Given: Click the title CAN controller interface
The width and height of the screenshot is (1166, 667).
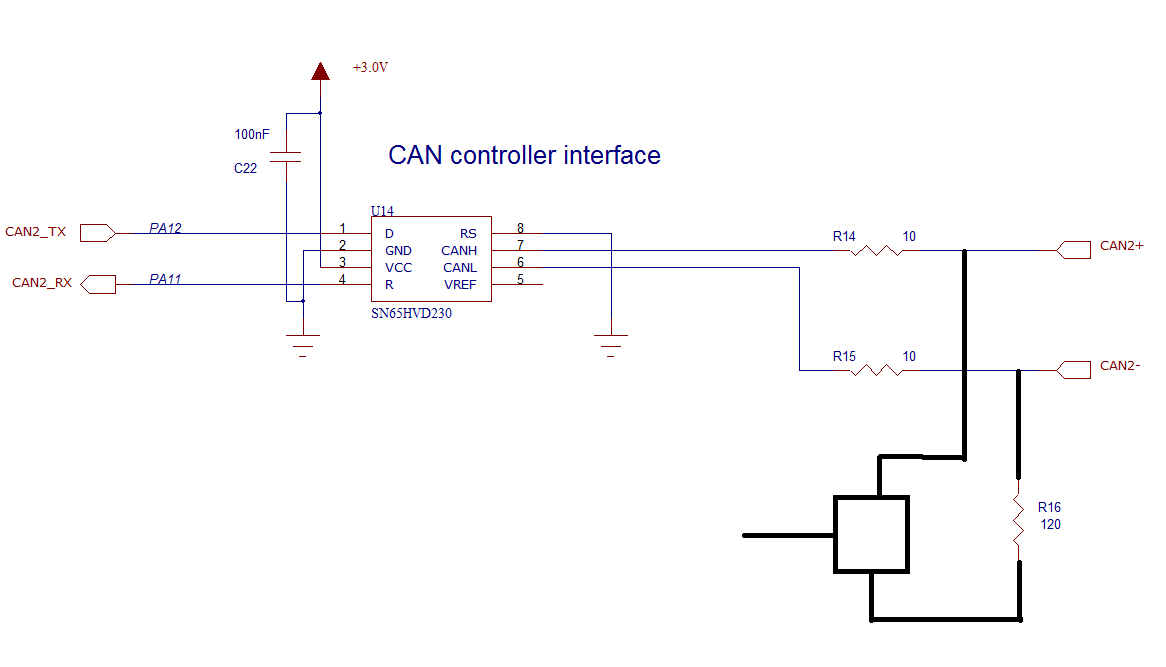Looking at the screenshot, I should pyautogui.click(x=524, y=156).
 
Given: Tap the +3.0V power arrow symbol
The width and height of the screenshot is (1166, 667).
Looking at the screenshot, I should pyautogui.click(x=320, y=71).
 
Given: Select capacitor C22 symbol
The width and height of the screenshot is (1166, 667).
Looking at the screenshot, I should pyautogui.click(x=287, y=157).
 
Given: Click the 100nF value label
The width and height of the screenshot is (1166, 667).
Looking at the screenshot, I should pyautogui.click(x=252, y=134).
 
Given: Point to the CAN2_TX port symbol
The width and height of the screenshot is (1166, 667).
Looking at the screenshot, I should pyautogui.click(x=97, y=233).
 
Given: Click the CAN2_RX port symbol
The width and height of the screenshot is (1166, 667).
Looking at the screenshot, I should pyautogui.click(x=97, y=284).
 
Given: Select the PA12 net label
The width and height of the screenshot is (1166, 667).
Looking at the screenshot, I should pyautogui.click(x=165, y=228).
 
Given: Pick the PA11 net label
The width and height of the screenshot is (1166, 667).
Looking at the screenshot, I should pyautogui.click(x=165, y=279).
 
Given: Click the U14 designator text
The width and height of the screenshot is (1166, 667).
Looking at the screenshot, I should pyautogui.click(x=382, y=211).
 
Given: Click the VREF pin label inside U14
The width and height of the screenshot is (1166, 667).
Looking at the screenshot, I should pyautogui.click(x=460, y=285).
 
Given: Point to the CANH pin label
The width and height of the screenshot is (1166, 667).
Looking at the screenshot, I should pyautogui.click(x=459, y=251).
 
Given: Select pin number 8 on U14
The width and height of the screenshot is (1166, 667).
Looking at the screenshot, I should pyautogui.click(x=520, y=228).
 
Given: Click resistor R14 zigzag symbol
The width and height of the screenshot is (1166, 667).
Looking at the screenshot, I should pyautogui.click(x=876, y=250).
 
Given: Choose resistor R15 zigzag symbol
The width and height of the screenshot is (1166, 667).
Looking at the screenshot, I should pyautogui.click(x=876, y=370).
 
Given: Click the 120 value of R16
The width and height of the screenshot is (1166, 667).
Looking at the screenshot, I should pyautogui.click(x=1050, y=524).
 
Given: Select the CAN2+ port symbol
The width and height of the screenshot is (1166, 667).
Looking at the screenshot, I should pyautogui.click(x=1072, y=250).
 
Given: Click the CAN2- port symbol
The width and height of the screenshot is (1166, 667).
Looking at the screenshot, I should pyautogui.click(x=1072, y=370).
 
